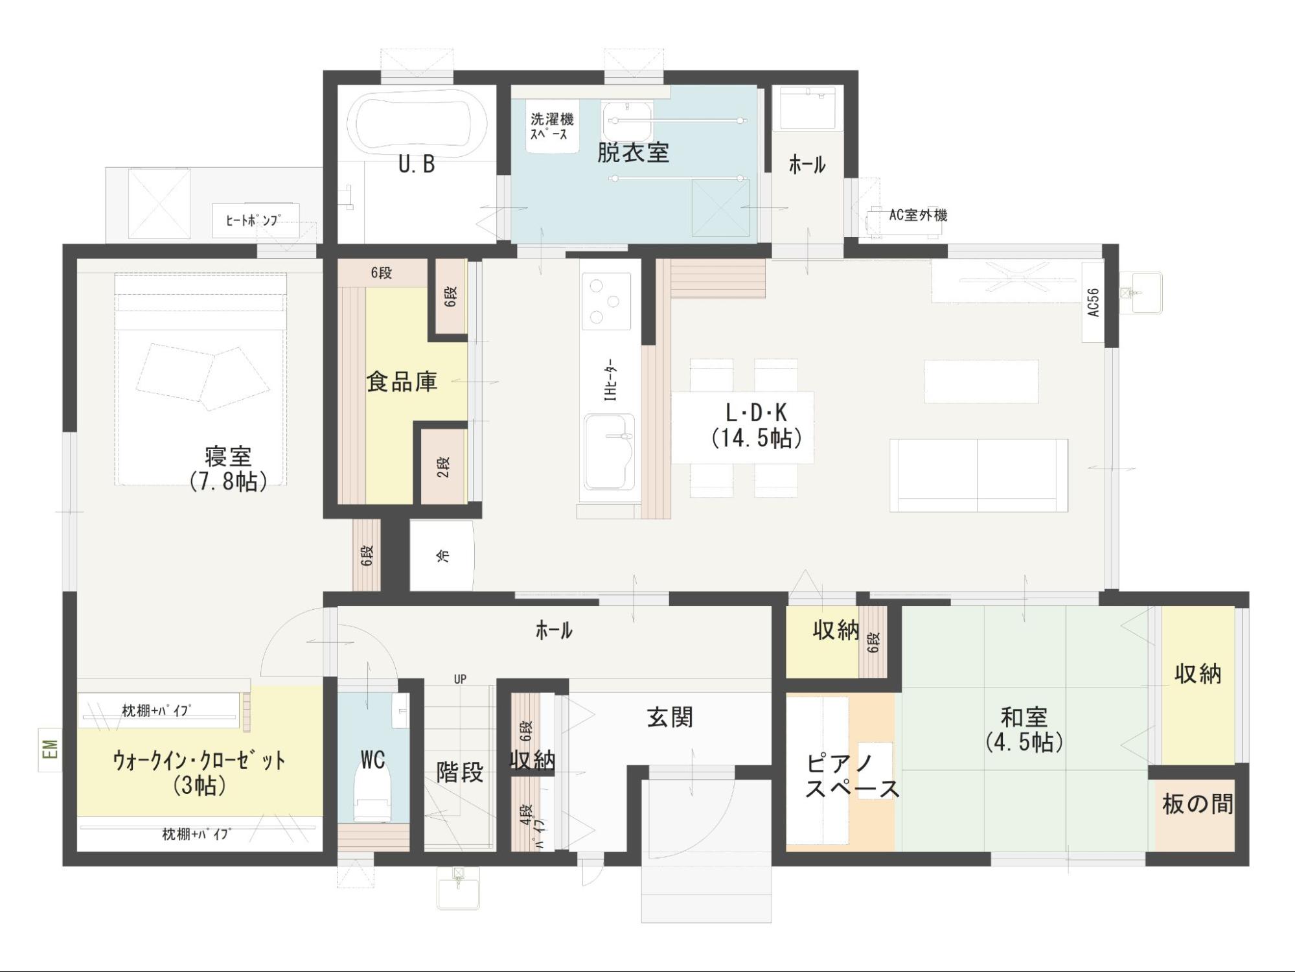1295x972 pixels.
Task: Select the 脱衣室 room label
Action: coord(632,152)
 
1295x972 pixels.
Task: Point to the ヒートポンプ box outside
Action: coord(255,220)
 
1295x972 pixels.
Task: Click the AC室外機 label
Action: coord(917,214)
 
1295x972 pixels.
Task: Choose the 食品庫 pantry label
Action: coord(402,381)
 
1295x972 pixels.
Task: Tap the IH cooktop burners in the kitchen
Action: coord(606,301)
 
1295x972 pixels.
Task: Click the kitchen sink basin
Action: coord(609,452)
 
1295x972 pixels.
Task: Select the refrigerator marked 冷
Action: coord(442,555)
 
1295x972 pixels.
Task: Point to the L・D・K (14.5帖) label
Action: coord(756,425)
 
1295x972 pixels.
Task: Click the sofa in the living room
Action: coord(978,476)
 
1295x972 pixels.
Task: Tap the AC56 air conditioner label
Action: coord(1094,303)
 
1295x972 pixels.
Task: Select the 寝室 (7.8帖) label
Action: coord(228,469)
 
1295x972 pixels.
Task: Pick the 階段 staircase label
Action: coord(459,772)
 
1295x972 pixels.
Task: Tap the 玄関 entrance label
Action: coord(669,717)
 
